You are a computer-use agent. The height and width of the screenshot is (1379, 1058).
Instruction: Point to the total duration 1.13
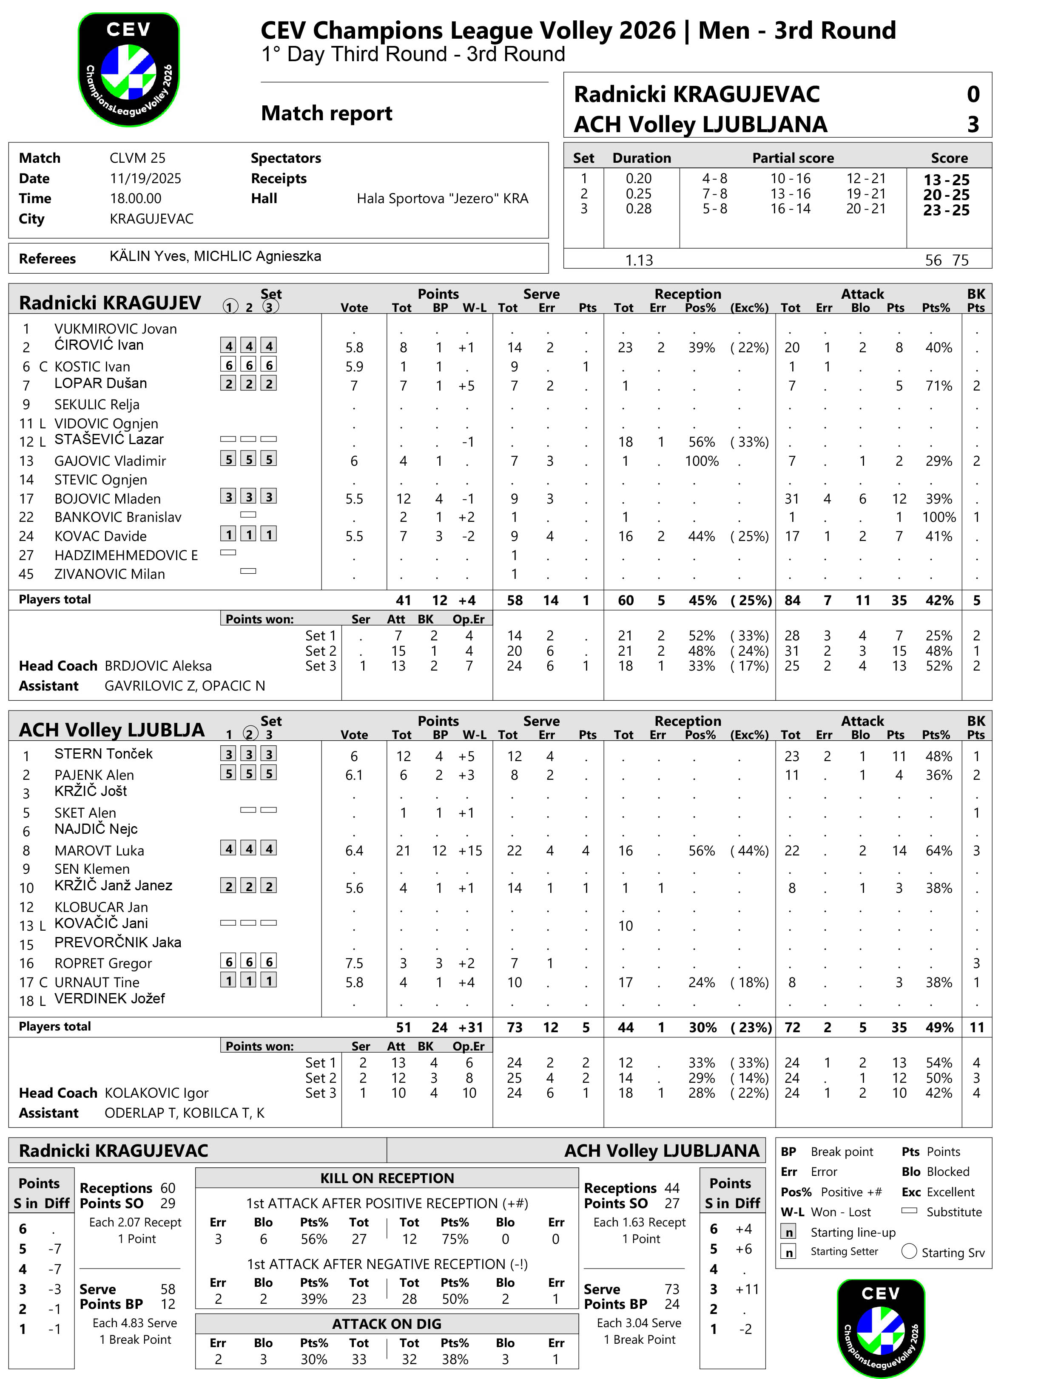click(x=639, y=260)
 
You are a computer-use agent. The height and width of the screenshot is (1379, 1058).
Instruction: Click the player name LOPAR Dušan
click(x=101, y=383)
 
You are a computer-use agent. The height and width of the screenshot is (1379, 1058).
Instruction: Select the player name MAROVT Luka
click(x=99, y=851)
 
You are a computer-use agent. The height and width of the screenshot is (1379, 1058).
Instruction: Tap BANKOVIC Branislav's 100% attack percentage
click(x=939, y=517)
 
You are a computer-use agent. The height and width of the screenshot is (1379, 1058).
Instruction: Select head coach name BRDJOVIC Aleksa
click(x=158, y=666)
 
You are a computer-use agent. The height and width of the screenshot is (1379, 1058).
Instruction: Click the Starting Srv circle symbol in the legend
click(x=909, y=1251)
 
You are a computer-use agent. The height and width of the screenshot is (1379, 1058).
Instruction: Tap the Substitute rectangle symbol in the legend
click(x=909, y=1210)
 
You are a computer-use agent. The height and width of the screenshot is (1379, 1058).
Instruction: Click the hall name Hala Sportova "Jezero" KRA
click(x=442, y=199)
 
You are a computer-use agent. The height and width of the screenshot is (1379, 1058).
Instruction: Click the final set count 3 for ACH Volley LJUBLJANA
click(x=973, y=125)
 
